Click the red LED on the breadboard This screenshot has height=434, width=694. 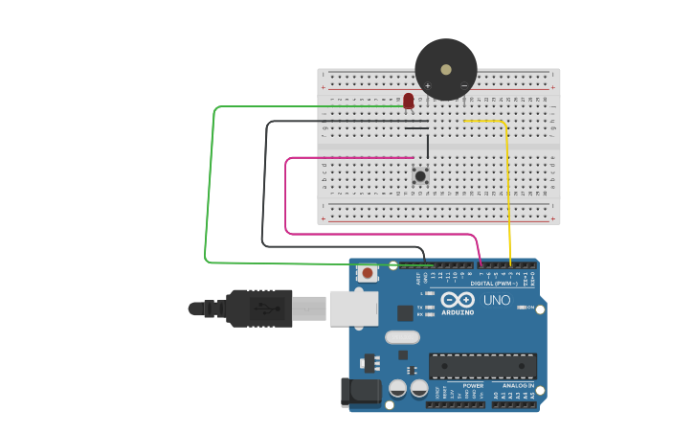409,100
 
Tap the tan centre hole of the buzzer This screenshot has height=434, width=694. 446,68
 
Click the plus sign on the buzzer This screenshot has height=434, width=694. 427,86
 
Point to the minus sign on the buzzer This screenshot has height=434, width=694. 464,86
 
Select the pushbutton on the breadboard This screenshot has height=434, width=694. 419,175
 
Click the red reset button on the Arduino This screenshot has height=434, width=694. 367,274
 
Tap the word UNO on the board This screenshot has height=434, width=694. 497,300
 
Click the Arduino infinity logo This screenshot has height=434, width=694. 458,300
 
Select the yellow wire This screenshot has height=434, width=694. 509,192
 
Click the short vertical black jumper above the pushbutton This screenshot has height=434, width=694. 428,146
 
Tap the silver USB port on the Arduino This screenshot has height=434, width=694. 353,308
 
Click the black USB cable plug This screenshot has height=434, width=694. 258,308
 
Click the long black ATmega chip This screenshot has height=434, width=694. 481,365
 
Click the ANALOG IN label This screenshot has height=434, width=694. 518,385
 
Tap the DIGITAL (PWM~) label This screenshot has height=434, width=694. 494,284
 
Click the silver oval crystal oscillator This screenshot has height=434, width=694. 403,337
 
